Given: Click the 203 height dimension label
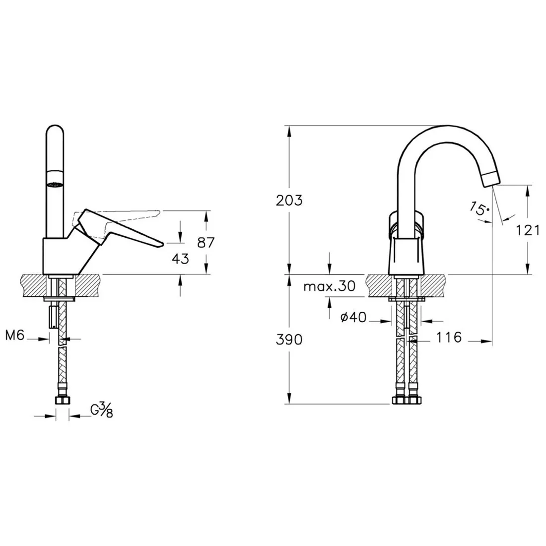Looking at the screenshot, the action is click(289, 201).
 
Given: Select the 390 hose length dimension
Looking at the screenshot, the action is click(289, 340).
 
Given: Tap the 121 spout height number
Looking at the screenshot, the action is click(528, 230).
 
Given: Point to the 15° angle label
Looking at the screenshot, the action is click(479, 208).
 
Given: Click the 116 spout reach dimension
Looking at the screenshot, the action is click(449, 337).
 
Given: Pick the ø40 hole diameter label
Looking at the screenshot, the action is click(353, 317).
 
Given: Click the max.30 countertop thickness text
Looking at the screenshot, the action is click(330, 286).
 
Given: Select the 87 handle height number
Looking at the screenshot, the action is click(206, 242).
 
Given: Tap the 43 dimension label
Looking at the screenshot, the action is click(180, 259).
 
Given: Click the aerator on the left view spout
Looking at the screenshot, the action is click(55, 185).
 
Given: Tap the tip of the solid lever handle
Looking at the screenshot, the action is click(163, 244).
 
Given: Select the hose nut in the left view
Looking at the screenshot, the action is click(63, 400).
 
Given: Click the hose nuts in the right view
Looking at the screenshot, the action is click(407, 400).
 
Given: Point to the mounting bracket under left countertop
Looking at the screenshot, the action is click(59, 299).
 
